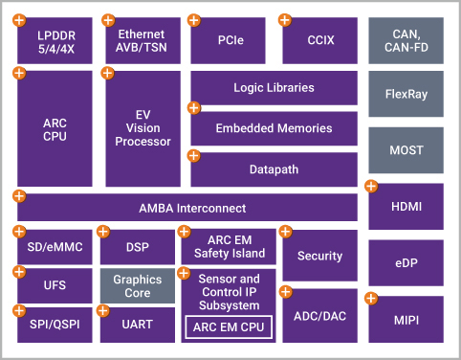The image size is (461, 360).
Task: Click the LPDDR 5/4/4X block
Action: point(55,41)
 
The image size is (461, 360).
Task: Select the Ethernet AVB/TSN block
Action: point(143,41)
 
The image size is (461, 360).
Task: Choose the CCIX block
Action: point(319,41)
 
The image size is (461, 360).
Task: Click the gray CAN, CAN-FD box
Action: point(406,41)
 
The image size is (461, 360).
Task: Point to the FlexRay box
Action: point(406,97)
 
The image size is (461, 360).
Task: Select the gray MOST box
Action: point(406,151)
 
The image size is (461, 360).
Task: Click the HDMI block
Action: point(406,206)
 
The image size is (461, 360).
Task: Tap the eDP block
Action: point(406,260)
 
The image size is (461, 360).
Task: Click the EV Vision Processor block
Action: point(143,127)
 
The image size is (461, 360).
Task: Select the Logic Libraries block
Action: point(274,88)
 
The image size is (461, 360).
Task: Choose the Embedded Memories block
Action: point(274,128)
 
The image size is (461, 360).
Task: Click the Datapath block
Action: point(274,169)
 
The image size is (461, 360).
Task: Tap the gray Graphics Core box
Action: point(138,286)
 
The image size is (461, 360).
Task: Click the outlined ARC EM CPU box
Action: point(229,327)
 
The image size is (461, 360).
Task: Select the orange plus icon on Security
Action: point(286,232)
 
